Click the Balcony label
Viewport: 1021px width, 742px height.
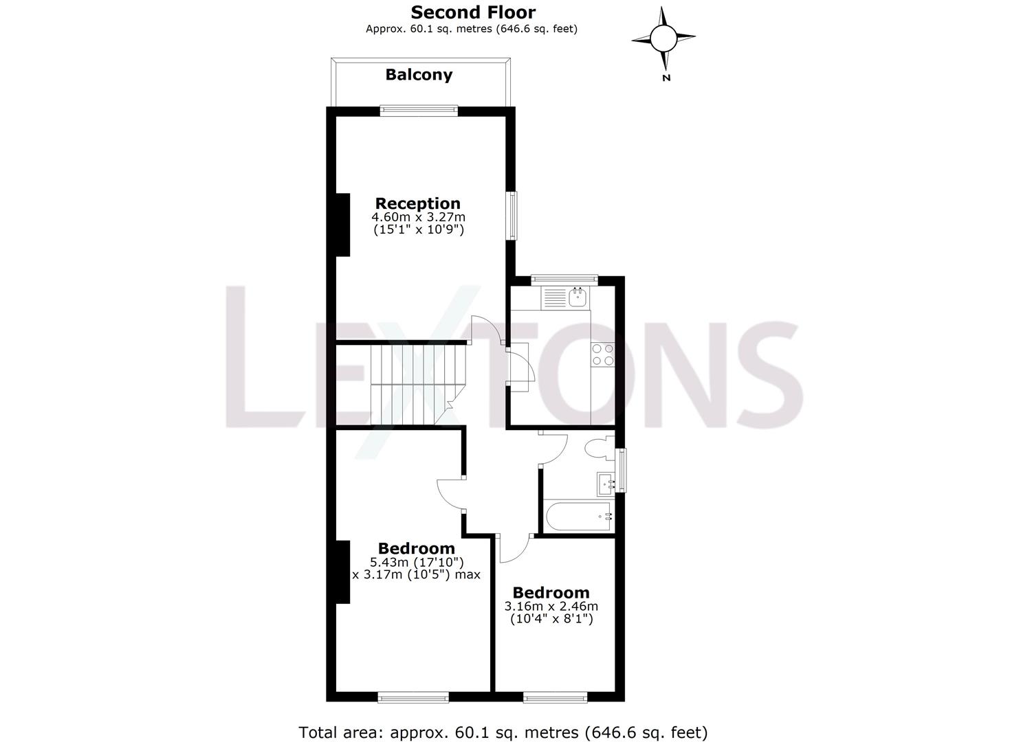(x=419, y=75)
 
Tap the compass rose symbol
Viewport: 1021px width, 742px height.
(x=663, y=38)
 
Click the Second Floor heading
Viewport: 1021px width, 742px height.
(x=473, y=12)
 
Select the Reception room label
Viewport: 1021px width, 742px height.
(x=418, y=203)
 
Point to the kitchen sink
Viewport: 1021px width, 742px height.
(x=576, y=297)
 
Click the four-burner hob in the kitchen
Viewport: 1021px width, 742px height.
(x=603, y=354)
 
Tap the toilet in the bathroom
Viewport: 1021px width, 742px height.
(x=599, y=448)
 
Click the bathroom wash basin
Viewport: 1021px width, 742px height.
(x=606, y=482)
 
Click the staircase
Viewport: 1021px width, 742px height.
(x=413, y=385)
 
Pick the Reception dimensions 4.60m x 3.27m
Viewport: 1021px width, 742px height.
(x=418, y=217)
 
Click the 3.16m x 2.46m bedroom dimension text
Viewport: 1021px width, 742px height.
(x=551, y=607)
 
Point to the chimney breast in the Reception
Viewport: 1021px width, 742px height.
(x=342, y=225)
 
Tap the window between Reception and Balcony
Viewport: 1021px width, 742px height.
(x=419, y=109)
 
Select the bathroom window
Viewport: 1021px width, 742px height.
(x=622, y=470)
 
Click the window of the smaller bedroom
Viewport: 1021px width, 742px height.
(x=556, y=697)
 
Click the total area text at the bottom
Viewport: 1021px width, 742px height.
(x=503, y=732)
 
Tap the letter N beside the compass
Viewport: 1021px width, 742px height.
(x=666, y=78)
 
